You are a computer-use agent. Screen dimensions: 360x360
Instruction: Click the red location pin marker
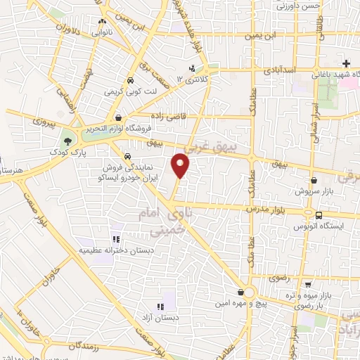point(181,166)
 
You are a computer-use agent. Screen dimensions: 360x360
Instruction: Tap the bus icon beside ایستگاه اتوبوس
point(319,215)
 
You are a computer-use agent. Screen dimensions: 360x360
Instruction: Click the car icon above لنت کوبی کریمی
point(131,80)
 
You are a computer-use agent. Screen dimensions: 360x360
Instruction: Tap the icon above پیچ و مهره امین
point(241,291)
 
